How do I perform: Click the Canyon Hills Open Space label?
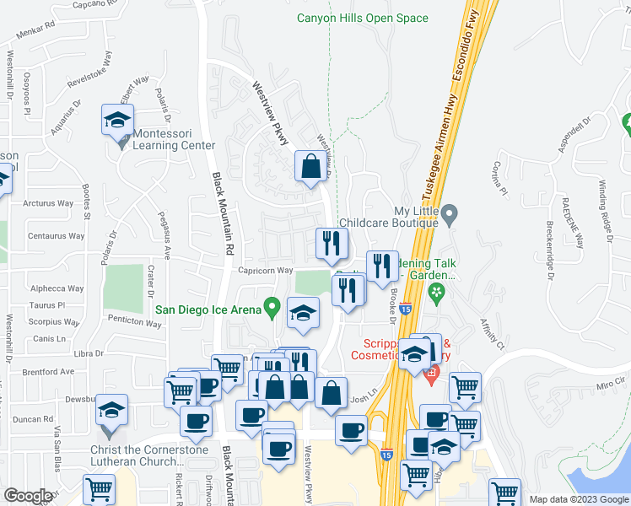[363, 18]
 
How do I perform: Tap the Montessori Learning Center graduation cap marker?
[118, 120]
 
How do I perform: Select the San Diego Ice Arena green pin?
[271, 309]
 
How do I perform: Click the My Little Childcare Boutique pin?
[450, 215]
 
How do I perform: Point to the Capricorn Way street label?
[265, 271]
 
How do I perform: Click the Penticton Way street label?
[134, 321]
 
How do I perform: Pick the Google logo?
[29, 496]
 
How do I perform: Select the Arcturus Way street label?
[49, 203]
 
